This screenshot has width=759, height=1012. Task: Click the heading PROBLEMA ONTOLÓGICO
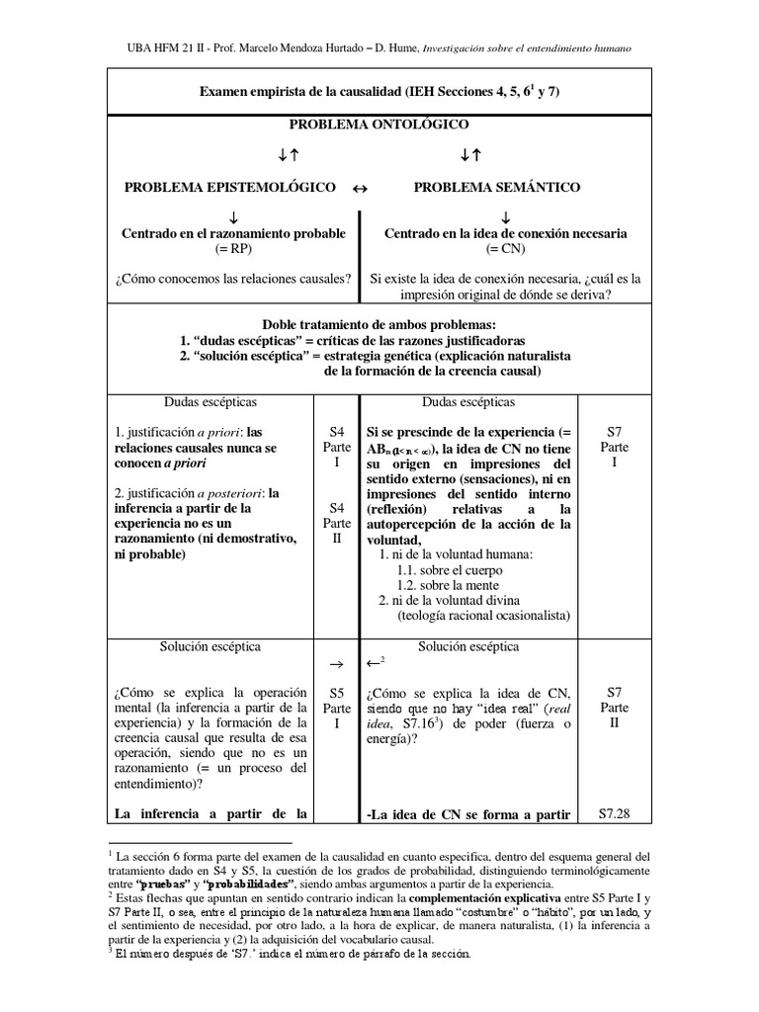(x=379, y=126)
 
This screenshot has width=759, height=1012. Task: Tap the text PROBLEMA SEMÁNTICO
(x=496, y=187)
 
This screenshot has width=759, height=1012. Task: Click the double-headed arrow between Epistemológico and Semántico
(x=360, y=188)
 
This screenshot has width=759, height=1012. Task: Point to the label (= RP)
(x=234, y=250)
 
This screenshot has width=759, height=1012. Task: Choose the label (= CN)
(x=504, y=250)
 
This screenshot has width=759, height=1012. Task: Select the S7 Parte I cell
(x=615, y=448)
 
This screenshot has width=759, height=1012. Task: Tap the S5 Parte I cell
(x=337, y=709)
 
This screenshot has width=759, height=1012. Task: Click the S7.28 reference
(x=615, y=815)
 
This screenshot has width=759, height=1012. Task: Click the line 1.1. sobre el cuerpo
(x=450, y=570)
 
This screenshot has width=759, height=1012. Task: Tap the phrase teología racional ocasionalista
(x=484, y=616)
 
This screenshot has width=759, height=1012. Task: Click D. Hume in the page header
(x=392, y=47)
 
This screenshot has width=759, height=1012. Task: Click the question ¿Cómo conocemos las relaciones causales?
(x=236, y=279)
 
